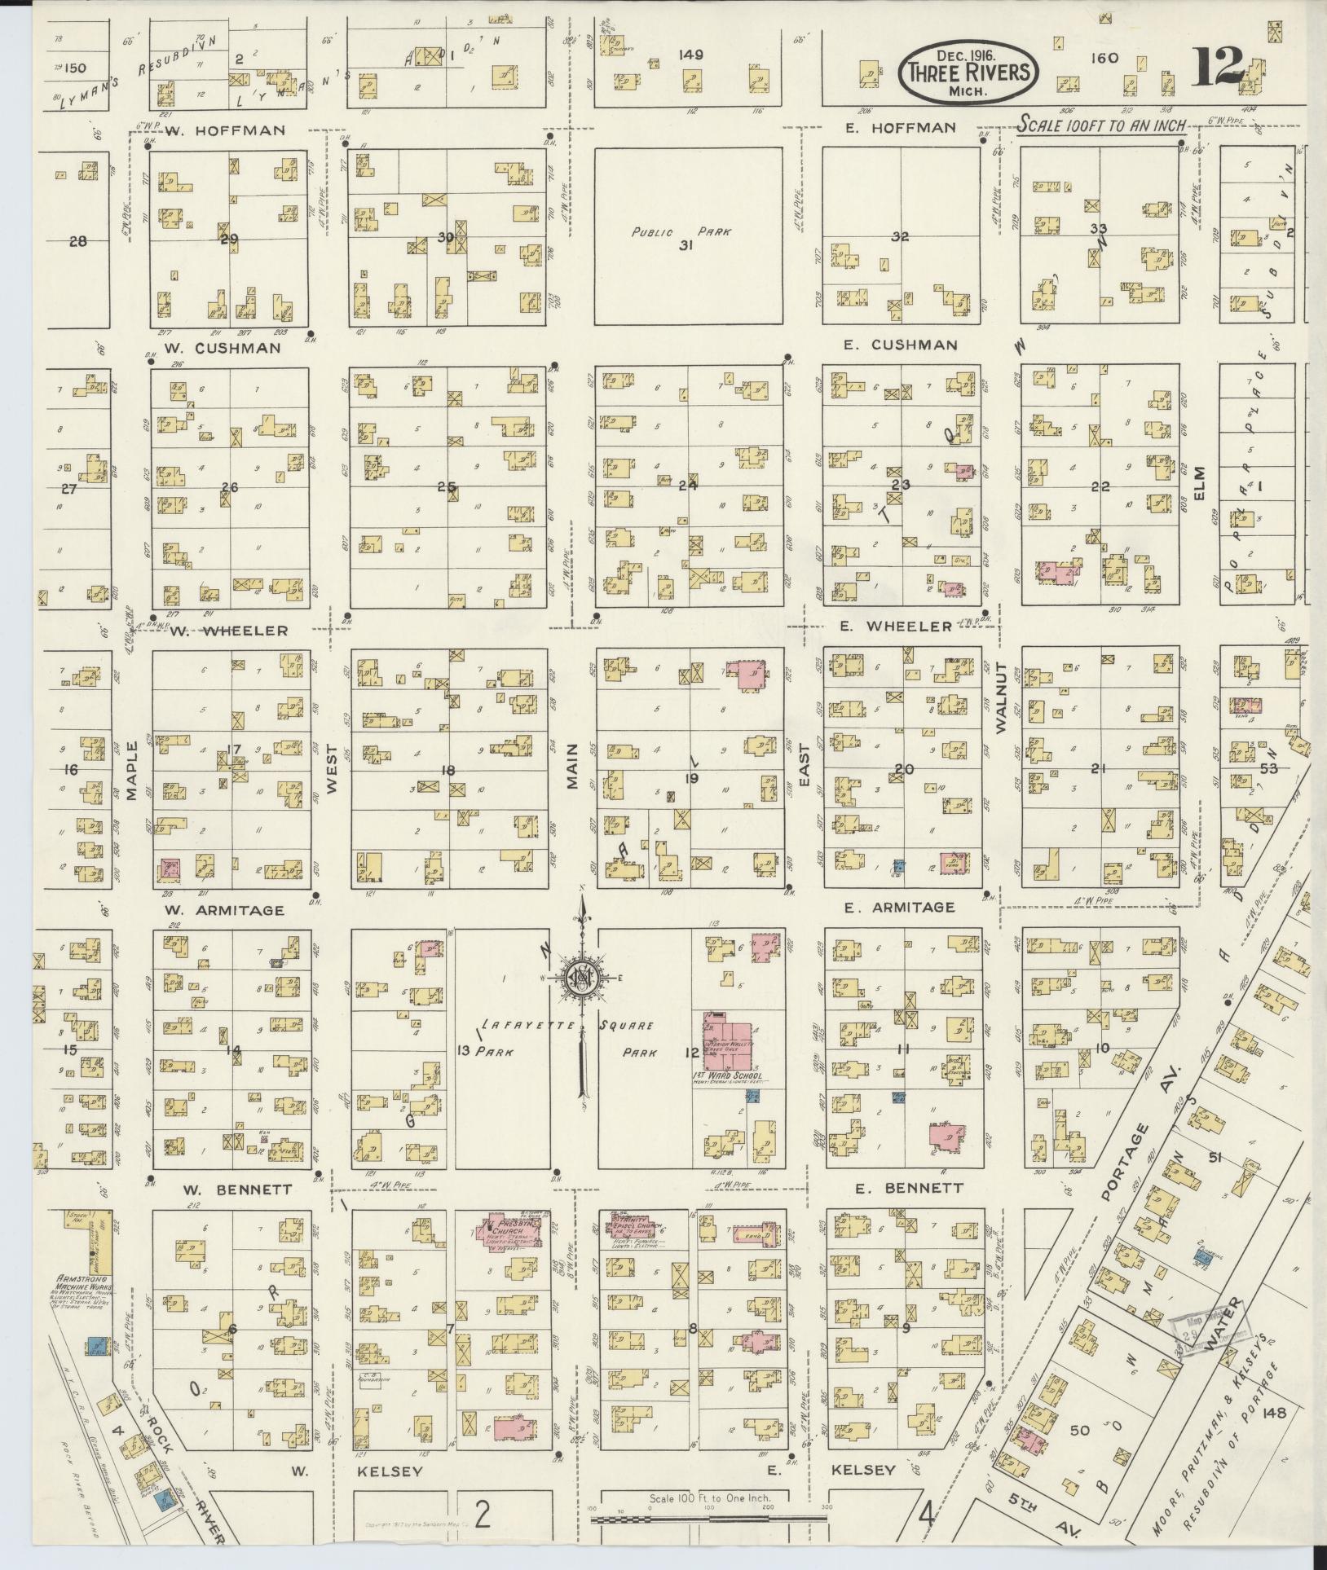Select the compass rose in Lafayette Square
tap(582, 979)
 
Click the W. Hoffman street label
tap(224, 130)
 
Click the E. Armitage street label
tap(900, 907)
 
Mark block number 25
tap(446, 487)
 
